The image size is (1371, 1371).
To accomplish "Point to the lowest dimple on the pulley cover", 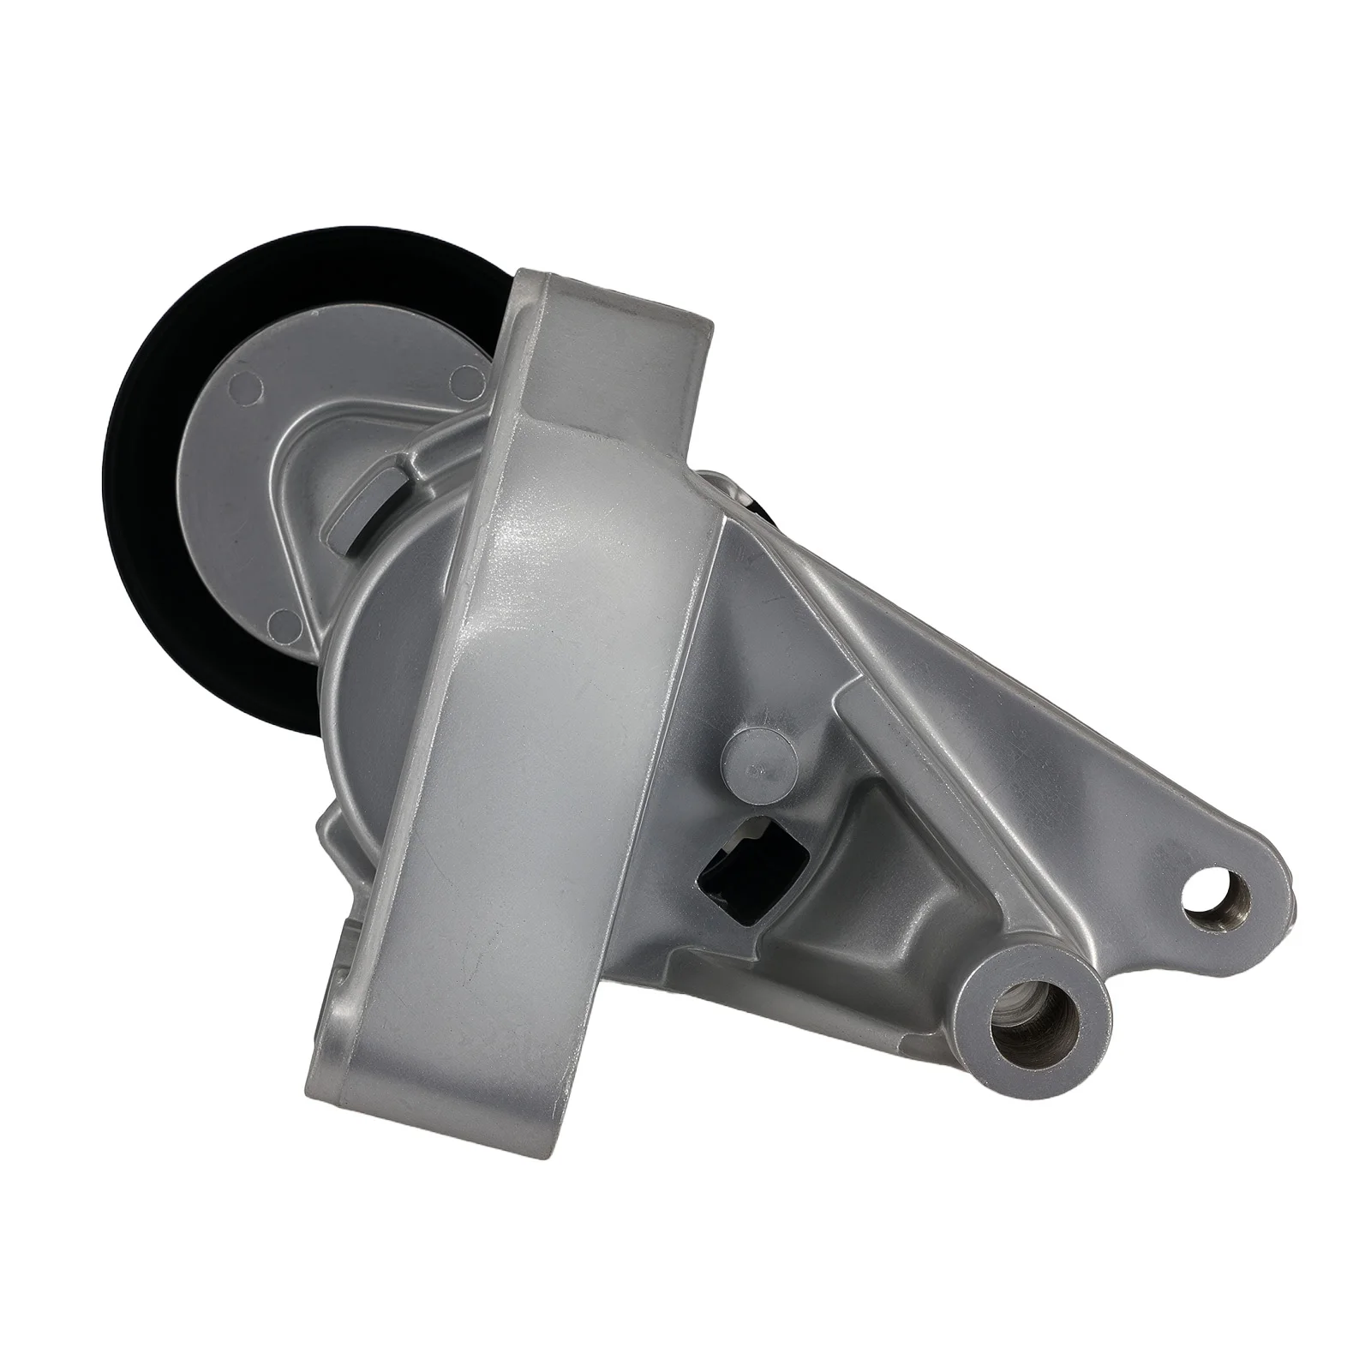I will click(x=278, y=617).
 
